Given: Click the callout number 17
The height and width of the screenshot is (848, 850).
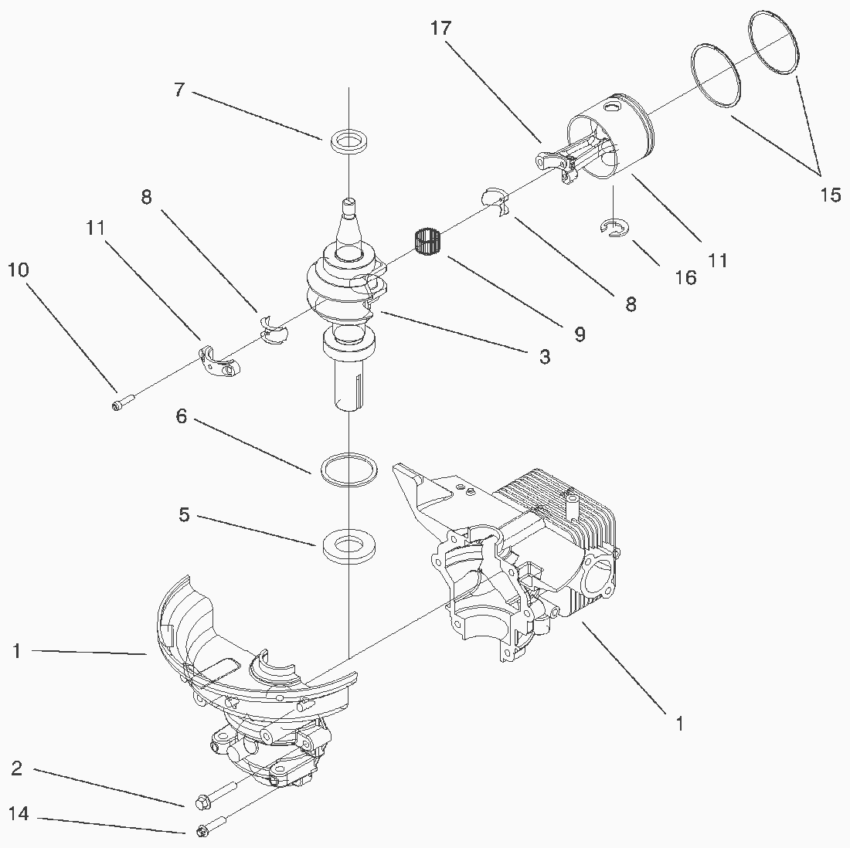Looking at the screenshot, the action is point(440,28).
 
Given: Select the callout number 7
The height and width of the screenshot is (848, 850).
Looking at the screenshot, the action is point(180,90).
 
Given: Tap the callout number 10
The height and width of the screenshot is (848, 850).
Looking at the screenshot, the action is point(19,270).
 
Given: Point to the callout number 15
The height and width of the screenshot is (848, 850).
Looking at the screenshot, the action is point(830,195).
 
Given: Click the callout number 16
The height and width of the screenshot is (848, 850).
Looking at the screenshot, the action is point(685,277).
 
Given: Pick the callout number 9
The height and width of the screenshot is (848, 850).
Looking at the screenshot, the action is point(580,334).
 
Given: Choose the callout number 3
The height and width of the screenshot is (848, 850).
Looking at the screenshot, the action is point(545,357).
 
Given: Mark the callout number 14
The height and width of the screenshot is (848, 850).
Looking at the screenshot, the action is point(19,813).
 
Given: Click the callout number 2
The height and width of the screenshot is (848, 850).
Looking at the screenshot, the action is point(17,768).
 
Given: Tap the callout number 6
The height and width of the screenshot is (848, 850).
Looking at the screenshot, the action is point(181,416).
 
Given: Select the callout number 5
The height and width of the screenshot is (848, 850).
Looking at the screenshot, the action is point(185,515).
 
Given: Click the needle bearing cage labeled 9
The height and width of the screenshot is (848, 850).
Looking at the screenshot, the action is point(428,241).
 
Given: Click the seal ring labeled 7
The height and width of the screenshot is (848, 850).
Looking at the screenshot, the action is point(349,141).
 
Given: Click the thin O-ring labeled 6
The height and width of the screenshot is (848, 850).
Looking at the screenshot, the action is point(349,470).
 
